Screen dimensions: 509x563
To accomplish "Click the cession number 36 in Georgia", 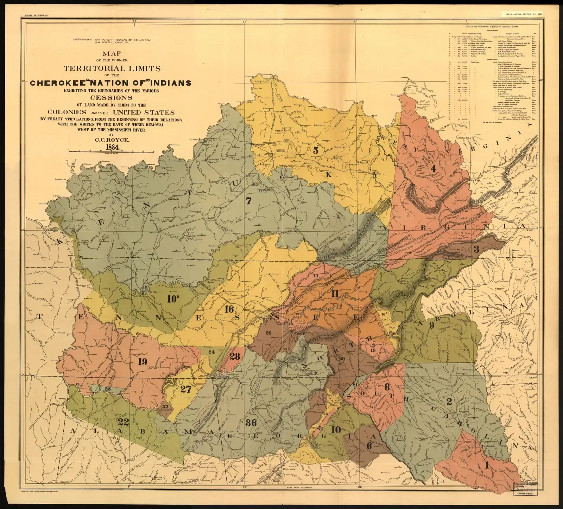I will point(251,423).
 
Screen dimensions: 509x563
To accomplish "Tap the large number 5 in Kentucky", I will point(316,150).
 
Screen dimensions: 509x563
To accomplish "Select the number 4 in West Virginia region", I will point(433,169).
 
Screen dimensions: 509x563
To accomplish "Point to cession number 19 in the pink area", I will point(142,362).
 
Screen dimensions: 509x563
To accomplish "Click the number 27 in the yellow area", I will point(185,389).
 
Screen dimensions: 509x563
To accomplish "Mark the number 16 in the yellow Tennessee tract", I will point(229,309).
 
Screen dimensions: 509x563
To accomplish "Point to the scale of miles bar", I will point(111,151).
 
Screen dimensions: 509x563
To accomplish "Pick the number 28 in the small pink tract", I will point(235,356).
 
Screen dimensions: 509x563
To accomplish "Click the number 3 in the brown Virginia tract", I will point(476,250).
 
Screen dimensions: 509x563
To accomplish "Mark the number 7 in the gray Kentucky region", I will point(249,201).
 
